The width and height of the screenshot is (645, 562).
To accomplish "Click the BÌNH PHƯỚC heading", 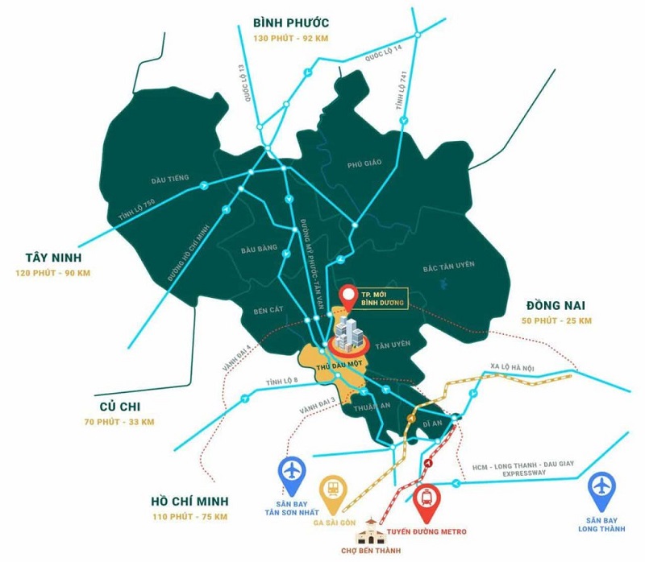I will click(x=290, y=22).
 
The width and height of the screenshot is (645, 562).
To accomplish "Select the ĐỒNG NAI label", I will click(x=556, y=306).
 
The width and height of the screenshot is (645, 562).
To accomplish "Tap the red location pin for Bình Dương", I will click(x=349, y=296).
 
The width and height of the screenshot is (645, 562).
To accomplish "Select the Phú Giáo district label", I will click(x=364, y=163).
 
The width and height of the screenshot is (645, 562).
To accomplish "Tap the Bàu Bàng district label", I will click(x=259, y=250).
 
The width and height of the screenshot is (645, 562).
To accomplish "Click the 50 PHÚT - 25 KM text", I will click(x=556, y=321).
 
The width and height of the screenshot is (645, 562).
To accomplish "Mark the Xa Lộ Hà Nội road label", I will click(x=511, y=369).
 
